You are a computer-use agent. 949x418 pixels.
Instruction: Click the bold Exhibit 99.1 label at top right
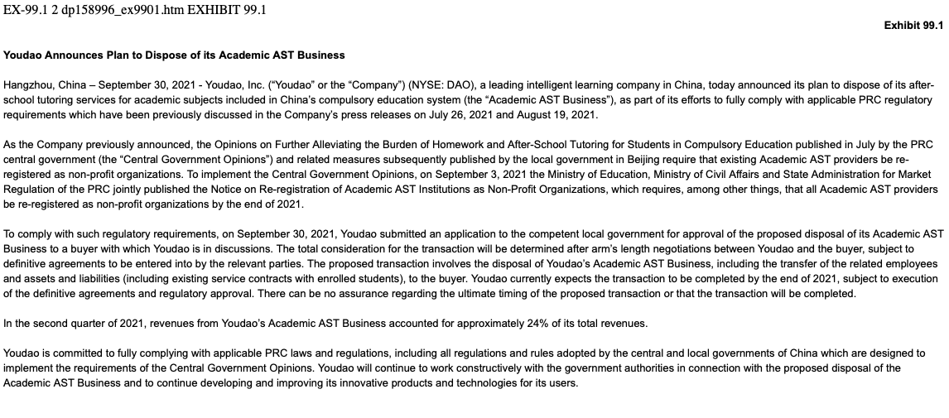[x=913, y=26]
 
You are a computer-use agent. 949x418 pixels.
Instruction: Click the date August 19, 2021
[x=560, y=115]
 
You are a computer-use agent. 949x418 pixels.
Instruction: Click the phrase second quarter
[x=65, y=324]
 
